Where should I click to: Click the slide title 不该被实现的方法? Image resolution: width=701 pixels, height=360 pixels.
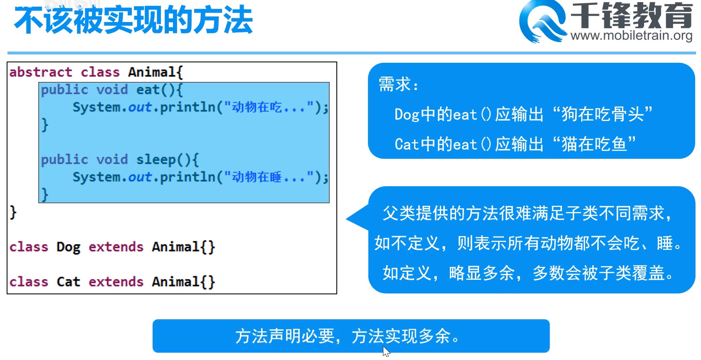coord(133,21)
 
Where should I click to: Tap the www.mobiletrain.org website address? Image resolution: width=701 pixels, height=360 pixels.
coord(631,35)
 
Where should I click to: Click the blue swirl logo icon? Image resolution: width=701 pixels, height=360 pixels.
coord(543,21)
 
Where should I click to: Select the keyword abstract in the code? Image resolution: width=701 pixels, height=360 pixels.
coord(41,72)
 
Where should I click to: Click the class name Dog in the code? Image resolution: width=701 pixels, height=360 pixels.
coord(69,247)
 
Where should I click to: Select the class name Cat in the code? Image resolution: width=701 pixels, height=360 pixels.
coord(69,282)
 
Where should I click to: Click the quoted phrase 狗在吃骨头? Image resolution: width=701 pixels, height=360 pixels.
coord(603,114)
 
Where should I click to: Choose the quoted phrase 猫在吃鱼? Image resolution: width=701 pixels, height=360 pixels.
coord(595,144)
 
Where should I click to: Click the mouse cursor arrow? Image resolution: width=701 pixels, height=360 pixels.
coord(386,351)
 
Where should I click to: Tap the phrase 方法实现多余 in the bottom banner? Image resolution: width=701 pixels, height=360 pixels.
coord(401,336)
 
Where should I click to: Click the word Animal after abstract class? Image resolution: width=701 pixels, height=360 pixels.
coord(152,72)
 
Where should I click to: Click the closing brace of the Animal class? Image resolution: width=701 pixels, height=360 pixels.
coord(13,213)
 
